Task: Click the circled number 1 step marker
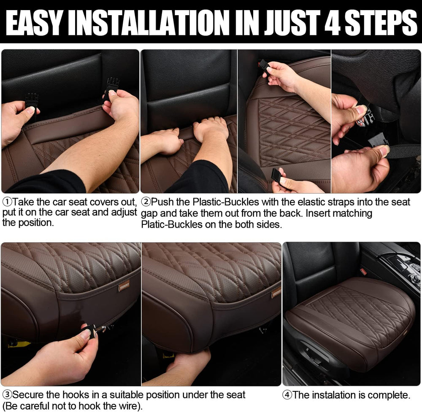pos(7,202)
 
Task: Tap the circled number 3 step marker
pos(7,395)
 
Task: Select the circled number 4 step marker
pos(287,395)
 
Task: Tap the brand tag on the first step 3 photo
pos(124,287)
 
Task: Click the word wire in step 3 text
pos(128,406)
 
